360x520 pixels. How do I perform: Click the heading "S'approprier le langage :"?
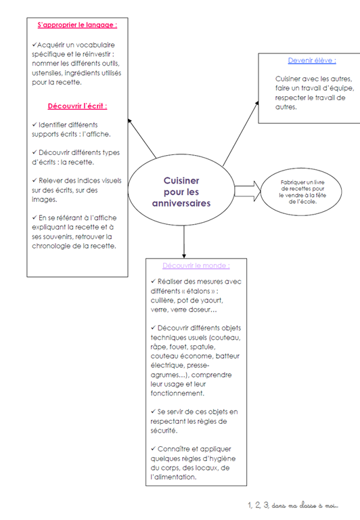click(77, 25)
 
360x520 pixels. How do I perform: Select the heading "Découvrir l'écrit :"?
click(78, 106)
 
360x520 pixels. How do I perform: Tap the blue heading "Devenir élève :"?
click(312, 60)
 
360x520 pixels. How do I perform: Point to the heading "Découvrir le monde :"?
click(196, 265)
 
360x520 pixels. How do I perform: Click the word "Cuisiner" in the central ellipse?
click(181, 181)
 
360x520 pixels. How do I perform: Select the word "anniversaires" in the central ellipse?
click(181, 203)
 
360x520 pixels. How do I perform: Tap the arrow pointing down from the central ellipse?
click(184, 242)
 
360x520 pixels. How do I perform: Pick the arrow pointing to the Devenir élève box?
click(241, 133)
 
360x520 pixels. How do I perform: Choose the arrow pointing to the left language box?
click(142, 138)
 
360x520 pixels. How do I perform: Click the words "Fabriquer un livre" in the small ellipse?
click(302, 182)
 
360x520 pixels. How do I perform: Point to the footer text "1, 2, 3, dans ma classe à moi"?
click(293, 505)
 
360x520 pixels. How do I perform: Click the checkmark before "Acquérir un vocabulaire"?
click(34, 45)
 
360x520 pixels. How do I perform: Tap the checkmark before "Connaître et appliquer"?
click(153, 449)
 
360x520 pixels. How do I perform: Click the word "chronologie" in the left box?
click(51, 246)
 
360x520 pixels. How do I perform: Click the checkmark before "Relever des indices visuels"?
click(35, 180)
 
